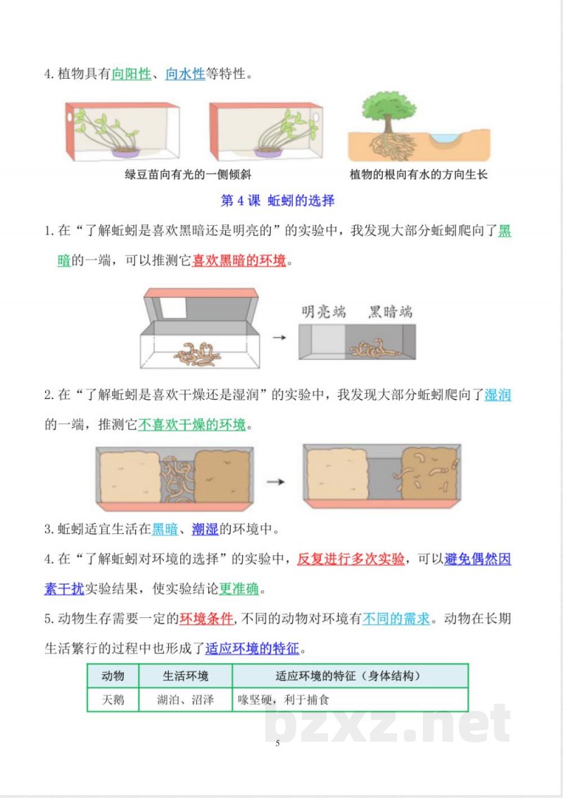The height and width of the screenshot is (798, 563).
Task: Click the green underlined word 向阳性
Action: click(131, 73)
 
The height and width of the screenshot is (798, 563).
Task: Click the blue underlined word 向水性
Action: click(185, 73)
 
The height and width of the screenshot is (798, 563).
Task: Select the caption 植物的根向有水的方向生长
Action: click(419, 175)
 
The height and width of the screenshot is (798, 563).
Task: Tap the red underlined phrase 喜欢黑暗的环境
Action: click(239, 261)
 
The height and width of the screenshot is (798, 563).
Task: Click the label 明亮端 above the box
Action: click(324, 312)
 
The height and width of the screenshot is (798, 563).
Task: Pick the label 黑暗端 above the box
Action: click(390, 312)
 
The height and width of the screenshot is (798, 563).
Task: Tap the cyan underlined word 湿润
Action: click(498, 395)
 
